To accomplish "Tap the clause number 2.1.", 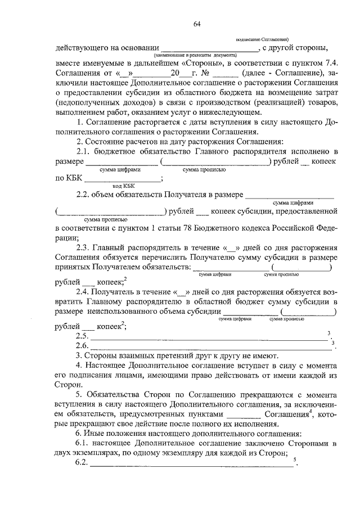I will (x=83, y=152).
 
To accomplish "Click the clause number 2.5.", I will (x=82, y=336).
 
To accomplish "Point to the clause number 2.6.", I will (x=82, y=345).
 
